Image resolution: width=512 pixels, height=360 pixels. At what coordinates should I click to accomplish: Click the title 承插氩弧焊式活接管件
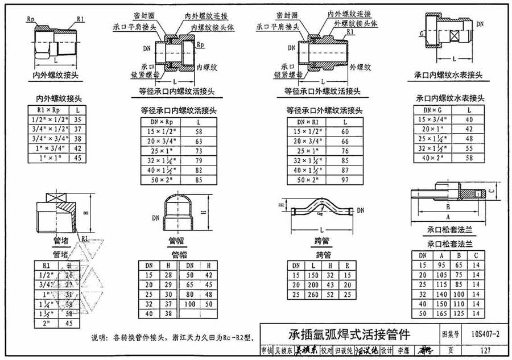tap(342, 333)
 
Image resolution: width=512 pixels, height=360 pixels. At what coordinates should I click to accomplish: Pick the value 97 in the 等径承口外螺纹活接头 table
tap(345, 180)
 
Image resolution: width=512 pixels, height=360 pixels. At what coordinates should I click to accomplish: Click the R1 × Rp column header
tap(48, 109)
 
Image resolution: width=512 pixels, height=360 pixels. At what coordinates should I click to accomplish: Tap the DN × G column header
tap(433, 110)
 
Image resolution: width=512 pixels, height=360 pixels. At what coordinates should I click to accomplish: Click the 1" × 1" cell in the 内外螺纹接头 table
tap(48, 158)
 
